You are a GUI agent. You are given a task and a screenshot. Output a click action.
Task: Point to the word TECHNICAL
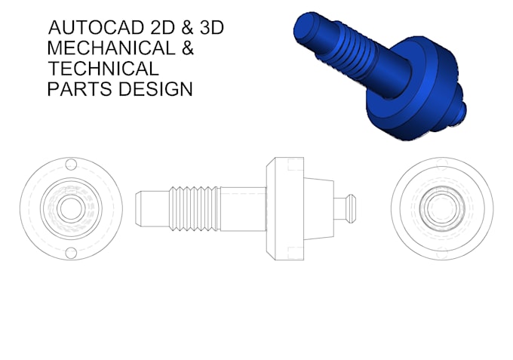pyautogui.click(x=103, y=69)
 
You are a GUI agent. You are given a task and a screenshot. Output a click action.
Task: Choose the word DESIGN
pyautogui.click(x=155, y=89)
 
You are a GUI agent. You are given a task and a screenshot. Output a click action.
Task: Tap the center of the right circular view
pyautogui.click(x=442, y=207)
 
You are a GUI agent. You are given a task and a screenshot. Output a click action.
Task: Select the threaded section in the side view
pyautogui.click(x=195, y=208)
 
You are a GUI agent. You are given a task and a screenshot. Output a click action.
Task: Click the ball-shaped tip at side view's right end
pyautogui.click(x=352, y=204)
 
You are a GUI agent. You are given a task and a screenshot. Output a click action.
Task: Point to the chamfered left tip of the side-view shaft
pyautogui.click(x=140, y=208)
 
